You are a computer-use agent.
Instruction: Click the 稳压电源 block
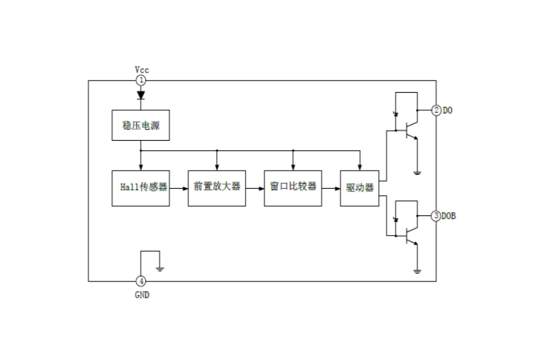point(141,125)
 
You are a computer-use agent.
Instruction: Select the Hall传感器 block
point(141,187)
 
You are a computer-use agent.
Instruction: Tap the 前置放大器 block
point(216,187)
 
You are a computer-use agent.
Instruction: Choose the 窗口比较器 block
point(293,187)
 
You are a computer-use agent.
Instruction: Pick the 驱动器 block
point(359,187)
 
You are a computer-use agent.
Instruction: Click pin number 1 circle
point(141,80)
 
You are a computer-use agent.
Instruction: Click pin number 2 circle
point(436,110)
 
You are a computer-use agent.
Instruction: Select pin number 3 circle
point(436,215)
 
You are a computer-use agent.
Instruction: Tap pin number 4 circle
point(141,281)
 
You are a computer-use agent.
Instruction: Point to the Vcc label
point(141,69)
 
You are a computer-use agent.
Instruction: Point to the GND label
point(141,294)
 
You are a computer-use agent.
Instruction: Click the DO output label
point(448,110)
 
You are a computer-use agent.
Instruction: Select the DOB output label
point(449,215)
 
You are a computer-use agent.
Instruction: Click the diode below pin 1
point(141,95)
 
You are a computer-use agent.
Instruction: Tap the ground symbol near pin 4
point(159,267)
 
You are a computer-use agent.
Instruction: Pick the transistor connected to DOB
point(408,236)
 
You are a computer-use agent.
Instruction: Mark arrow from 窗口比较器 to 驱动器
point(331,187)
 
